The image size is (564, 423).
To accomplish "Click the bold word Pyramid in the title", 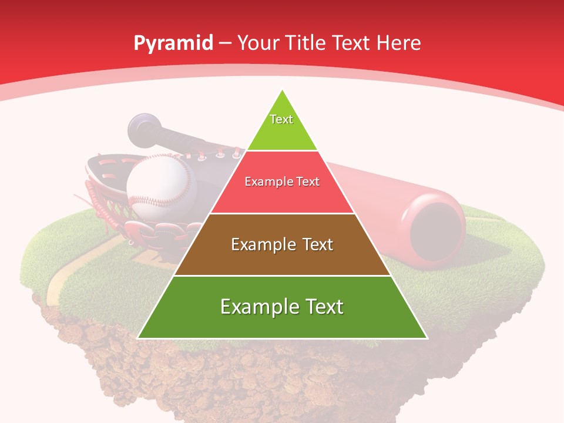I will (173, 43).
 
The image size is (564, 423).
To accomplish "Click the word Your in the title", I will (258, 43).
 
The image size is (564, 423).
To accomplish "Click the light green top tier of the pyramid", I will (282, 132).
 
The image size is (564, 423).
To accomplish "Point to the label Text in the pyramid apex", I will (281, 119).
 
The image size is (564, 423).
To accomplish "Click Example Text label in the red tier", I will (282, 182).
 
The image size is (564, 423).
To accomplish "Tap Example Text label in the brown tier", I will (282, 244).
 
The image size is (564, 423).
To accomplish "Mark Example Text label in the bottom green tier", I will (282, 307).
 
